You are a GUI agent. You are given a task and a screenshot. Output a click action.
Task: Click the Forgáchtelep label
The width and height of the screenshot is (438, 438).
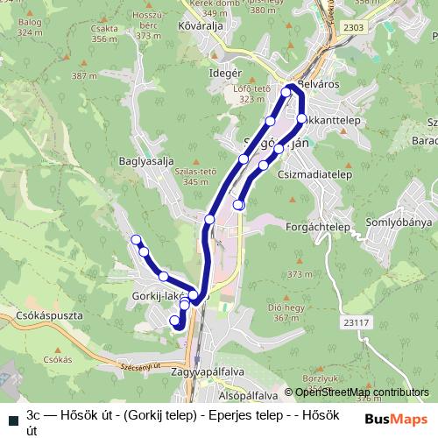(x=319, y=226)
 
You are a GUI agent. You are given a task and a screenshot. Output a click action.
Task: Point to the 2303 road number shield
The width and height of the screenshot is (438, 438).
(x=352, y=28)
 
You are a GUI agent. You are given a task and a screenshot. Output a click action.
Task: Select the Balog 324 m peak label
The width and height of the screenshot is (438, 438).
(x=29, y=27)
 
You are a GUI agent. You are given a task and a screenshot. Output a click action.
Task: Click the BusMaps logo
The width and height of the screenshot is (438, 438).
(x=398, y=420)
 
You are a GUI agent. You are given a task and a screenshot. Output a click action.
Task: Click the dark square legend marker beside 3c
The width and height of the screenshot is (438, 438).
(x=10, y=415)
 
